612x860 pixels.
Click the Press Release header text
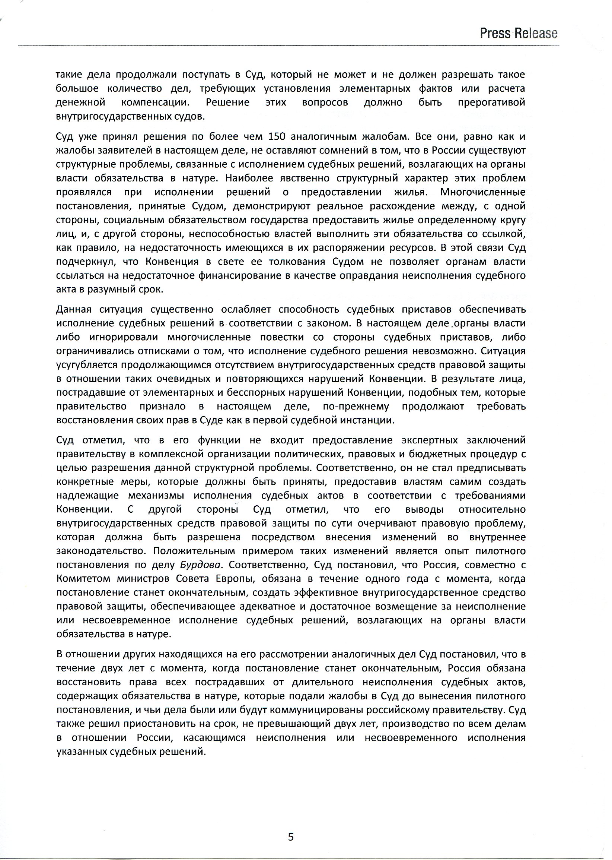[519, 34]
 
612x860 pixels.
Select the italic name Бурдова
[199, 565]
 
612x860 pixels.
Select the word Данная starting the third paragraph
[74, 309]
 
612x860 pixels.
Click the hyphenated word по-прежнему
[356, 407]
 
